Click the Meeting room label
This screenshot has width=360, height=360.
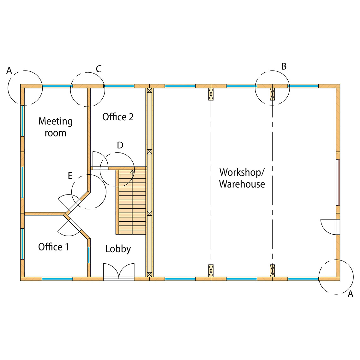tap(56, 127)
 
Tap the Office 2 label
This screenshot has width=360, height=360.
tap(118, 117)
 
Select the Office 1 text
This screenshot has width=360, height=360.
tap(53, 247)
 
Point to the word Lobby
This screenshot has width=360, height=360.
tap(118, 249)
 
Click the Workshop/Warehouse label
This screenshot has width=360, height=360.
tap(242, 178)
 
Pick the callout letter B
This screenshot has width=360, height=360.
tap(284, 66)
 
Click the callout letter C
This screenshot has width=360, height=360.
tap(99, 69)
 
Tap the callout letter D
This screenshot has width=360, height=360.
tap(120, 145)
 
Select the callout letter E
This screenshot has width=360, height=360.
tap(70, 176)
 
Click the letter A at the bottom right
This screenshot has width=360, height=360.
tap(350, 294)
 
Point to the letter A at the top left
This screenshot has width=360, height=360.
tap(9, 70)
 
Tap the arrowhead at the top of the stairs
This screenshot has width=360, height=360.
tap(132, 171)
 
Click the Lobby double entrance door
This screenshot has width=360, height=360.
tap(119, 272)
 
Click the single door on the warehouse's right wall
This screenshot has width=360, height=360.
tap(330, 227)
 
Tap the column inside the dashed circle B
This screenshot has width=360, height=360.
tap(272, 94)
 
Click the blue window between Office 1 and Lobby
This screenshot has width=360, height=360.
tap(89, 255)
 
